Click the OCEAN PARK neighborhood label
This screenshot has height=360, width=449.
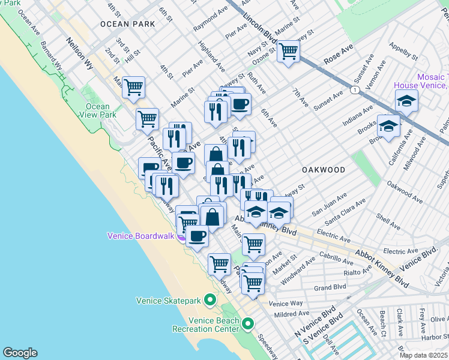(127, 24)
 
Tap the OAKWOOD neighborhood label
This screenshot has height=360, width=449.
(323, 170)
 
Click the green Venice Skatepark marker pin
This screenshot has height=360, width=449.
(209, 299)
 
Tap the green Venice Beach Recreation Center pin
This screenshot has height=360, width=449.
(248, 323)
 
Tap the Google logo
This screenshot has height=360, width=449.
(20, 353)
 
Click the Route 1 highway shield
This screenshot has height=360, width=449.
(356, 90)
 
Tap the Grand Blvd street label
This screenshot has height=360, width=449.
(331, 287)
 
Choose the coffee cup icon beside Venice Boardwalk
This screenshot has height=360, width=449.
(197, 235)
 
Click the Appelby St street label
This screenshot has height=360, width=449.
(403, 53)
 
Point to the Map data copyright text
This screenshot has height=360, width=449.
(424, 355)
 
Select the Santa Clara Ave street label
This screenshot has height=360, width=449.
(345, 206)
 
